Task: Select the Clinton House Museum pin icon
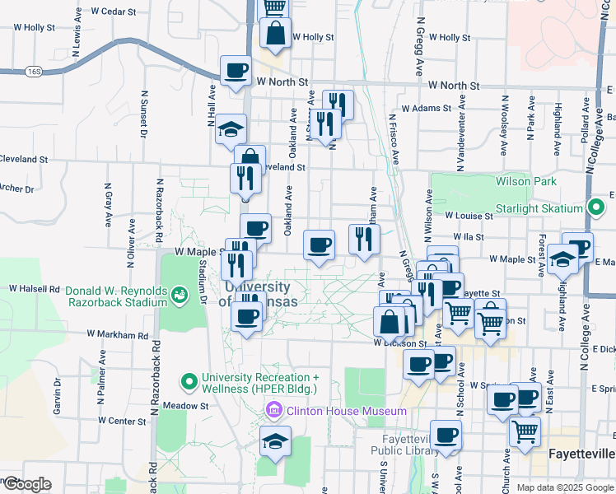coord(274,410)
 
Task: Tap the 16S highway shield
coord(33,72)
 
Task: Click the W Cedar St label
coord(113,12)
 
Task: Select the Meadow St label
coord(185,406)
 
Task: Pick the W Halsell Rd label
coord(35,289)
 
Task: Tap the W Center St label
coord(122,420)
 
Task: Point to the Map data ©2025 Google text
coord(563,487)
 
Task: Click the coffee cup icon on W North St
coord(236,71)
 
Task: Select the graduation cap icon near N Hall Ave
coord(231,129)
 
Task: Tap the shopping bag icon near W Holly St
coord(275,35)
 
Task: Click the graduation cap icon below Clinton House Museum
coord(276,441)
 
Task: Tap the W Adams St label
coord(422,108)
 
